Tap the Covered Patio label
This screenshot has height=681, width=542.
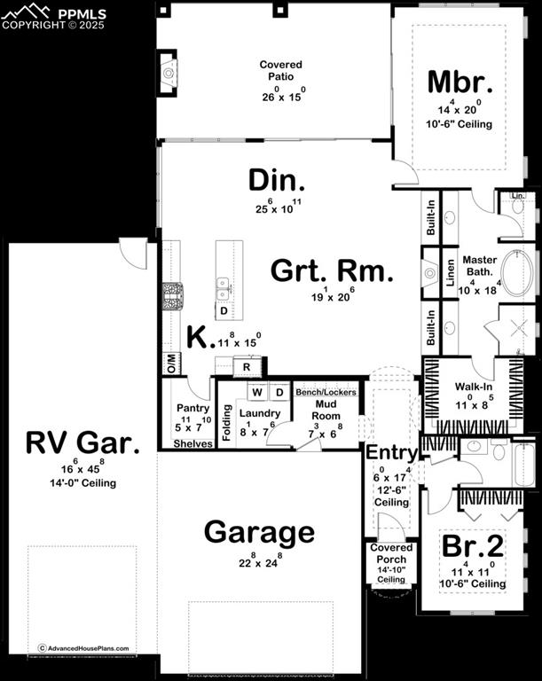280,71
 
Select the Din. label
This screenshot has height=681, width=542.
277,182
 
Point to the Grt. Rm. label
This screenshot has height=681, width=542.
331,271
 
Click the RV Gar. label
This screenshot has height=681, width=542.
82,442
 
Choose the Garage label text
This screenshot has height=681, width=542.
259,532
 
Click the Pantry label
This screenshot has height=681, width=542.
192,409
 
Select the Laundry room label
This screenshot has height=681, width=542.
259,413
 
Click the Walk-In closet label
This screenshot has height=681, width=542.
473,387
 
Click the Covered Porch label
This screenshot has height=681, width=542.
391,553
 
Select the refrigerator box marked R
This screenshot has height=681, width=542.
247,365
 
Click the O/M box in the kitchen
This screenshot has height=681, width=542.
169,362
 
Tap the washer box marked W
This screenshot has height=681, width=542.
256,392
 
